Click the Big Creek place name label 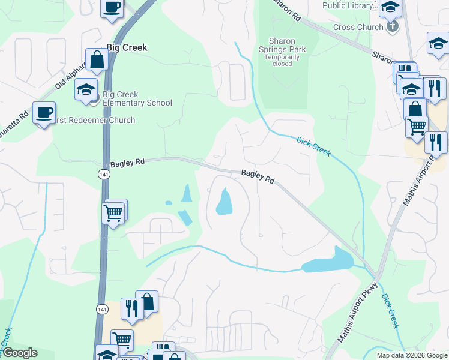click(127, 47)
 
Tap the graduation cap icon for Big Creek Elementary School click(86, 90)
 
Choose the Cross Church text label click(358, 27)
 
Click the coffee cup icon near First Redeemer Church click(44, 113)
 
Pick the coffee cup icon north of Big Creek click(112, 8)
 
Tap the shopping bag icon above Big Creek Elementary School click(97, 59)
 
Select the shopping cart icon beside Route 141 click(113, 212)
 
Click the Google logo click(20, 353)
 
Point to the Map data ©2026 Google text click(411, 355)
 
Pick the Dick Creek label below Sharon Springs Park click(313, 146)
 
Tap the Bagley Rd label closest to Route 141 click(128, 162)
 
